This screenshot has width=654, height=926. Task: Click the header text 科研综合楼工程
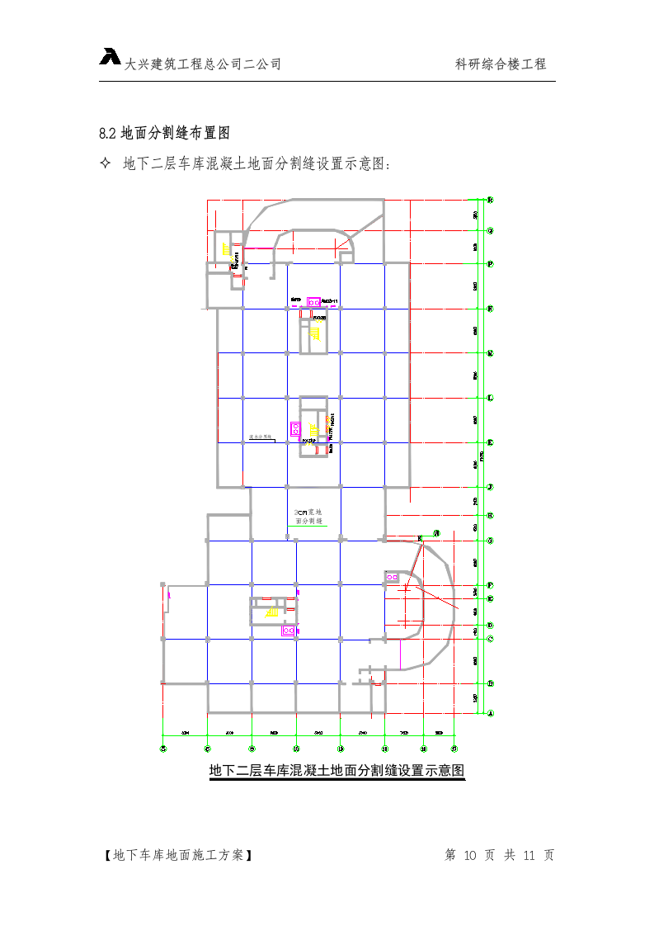click(x=501, y=64)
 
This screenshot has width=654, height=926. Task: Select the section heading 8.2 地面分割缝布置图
click(x=163, y=132)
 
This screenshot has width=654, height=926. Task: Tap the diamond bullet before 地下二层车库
click(x=105, y=163)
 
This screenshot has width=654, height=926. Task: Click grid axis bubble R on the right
click(x=490, y=200)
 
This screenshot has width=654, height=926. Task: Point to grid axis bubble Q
click(x=490, y=232)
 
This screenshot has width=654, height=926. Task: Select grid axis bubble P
click(x=490, y=264)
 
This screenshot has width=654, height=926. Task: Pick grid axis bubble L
click(x=490, y=398)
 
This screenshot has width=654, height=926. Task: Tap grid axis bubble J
click(x=490, y=487)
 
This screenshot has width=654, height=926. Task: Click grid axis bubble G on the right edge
click(x=490, y=541)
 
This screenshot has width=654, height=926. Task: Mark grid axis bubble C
click(x=490, y=638)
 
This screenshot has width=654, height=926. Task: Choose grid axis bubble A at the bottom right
click(x=490, y=712)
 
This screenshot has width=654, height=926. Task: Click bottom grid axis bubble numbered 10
click(x=296, y=749)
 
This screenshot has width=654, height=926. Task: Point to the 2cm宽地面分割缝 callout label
click(x=308, y=517)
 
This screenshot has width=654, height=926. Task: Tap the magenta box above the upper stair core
click(x=313, y=303)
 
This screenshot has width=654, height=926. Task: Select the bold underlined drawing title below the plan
click(x=336, y=771)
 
